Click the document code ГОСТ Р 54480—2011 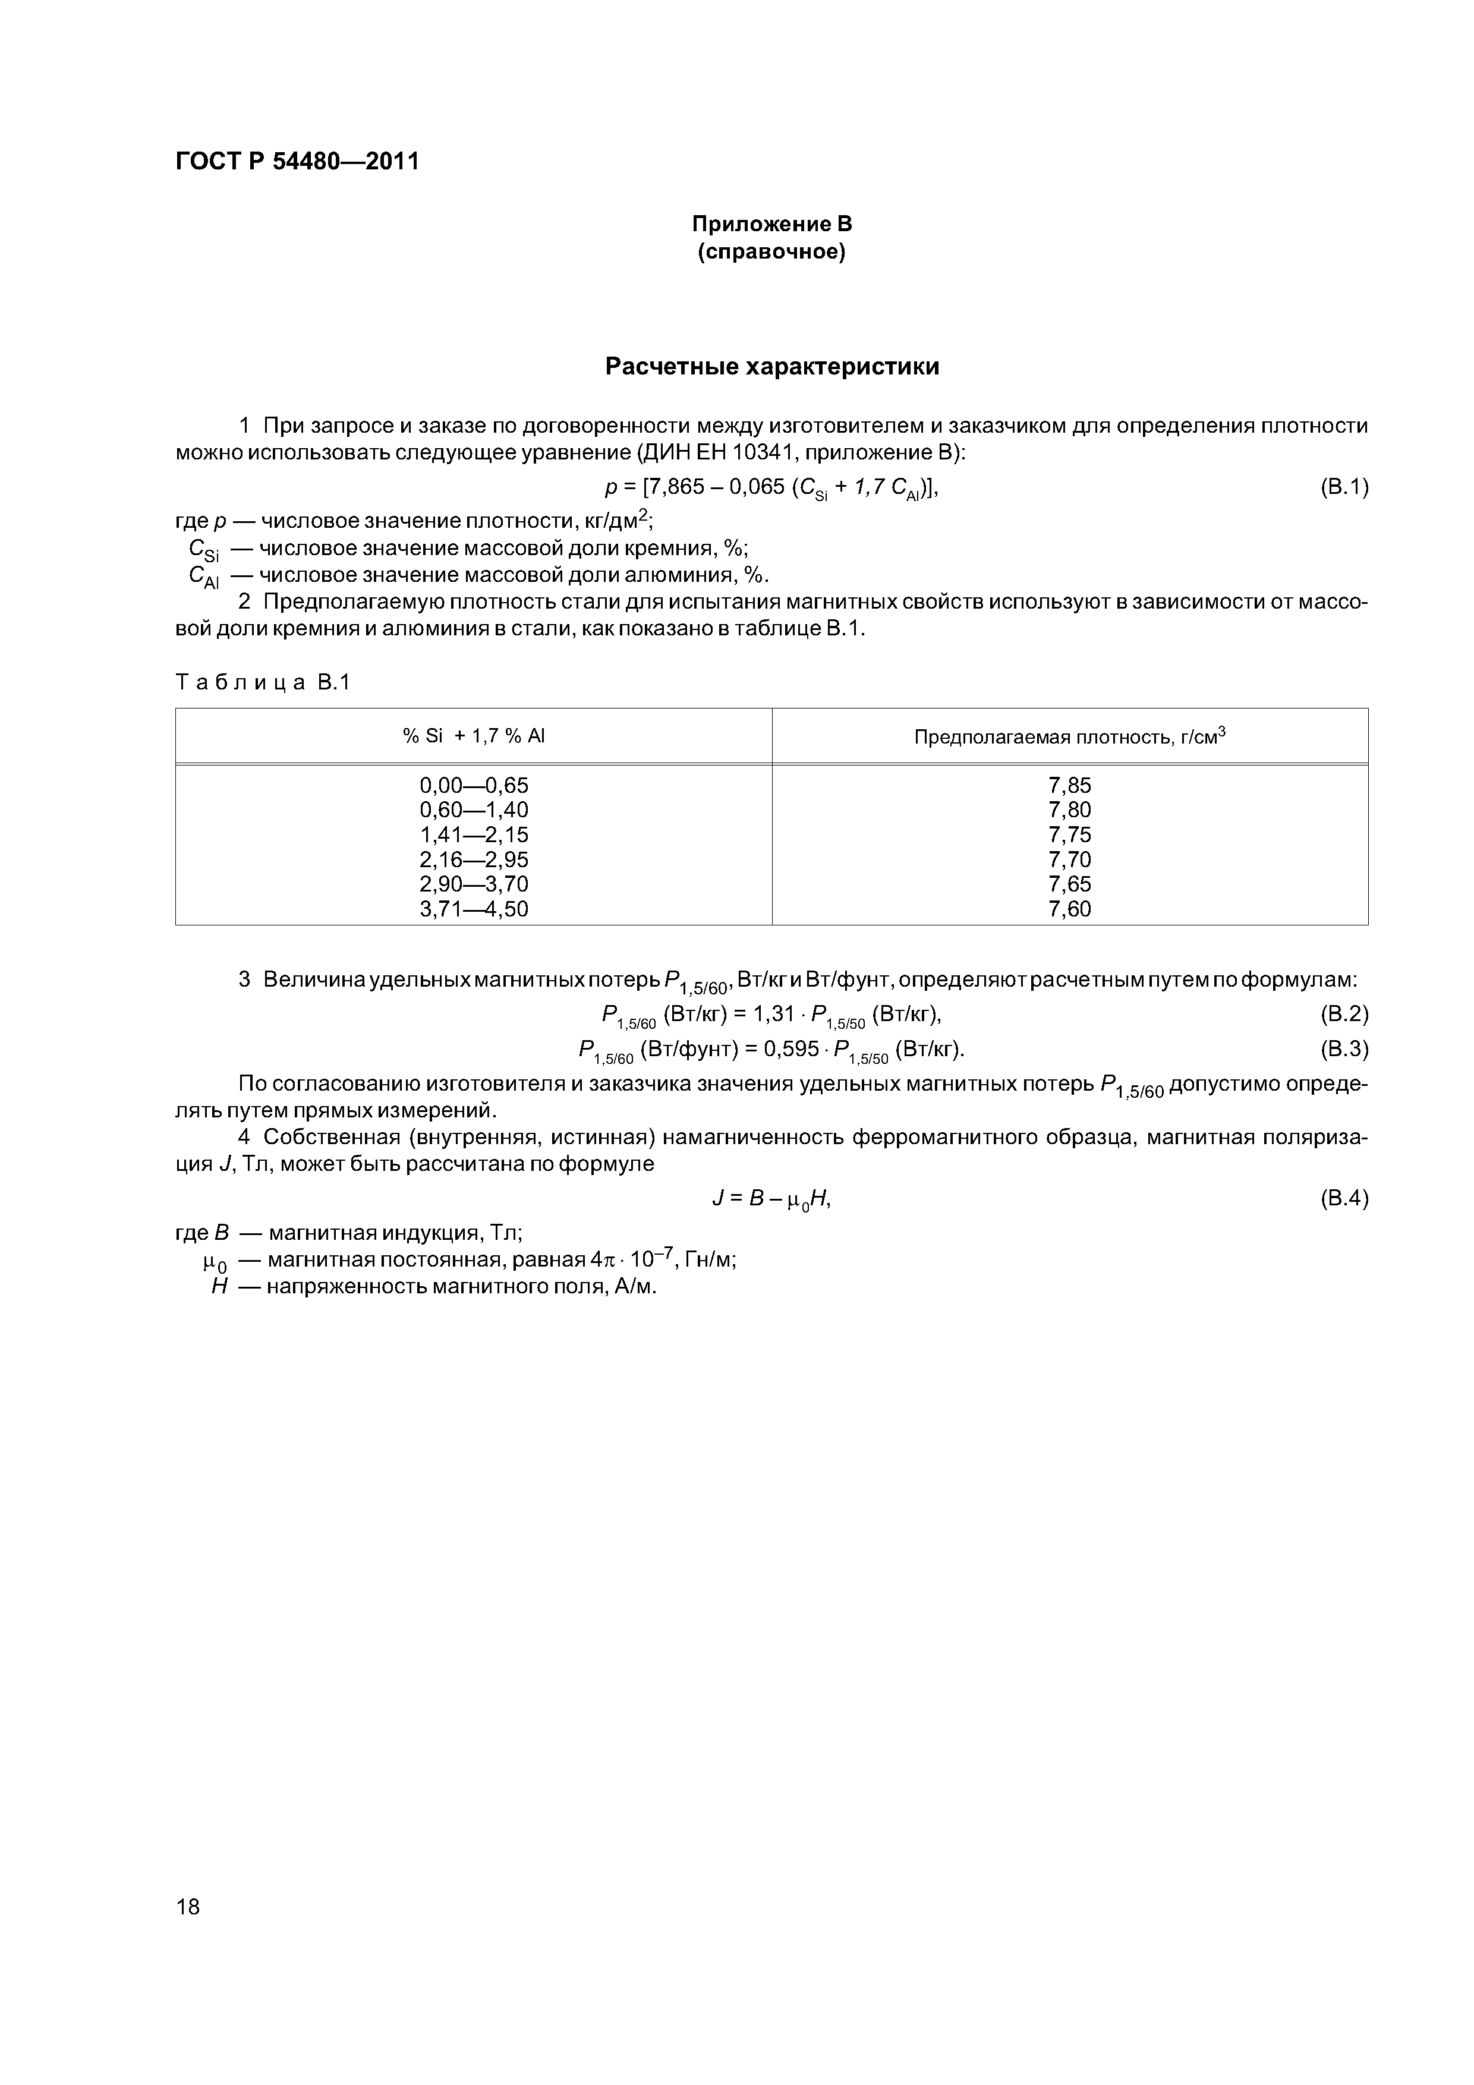(297, 162)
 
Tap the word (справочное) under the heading (771, 251)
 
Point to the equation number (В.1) (1342, 487)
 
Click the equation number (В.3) (1342, 1050)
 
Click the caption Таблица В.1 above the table (263, 683)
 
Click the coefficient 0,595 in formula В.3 (791, 1050)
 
